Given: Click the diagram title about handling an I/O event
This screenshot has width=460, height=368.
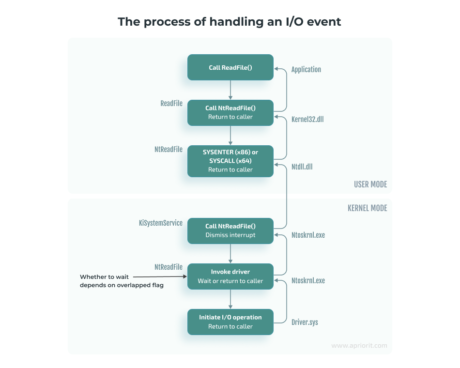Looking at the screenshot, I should pos(230,22).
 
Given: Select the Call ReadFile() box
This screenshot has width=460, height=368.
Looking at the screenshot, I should pos(230,67).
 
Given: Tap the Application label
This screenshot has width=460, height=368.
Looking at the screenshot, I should pos(306,69).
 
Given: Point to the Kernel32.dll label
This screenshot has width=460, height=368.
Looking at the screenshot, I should pos(307,119).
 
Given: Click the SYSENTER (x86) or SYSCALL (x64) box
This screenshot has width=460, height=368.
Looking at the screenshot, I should pos(230,161).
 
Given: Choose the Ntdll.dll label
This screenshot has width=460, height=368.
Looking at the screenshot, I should pos(302,166).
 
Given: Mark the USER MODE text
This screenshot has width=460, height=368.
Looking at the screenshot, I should pos(370,184).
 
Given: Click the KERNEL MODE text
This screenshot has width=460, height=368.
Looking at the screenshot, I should pos(367,208).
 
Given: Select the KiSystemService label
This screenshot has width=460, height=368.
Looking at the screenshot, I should pos(161,223).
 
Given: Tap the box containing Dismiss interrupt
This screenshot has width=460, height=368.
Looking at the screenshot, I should pos(230,230).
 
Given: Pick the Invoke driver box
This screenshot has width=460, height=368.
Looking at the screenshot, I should pos(230,276).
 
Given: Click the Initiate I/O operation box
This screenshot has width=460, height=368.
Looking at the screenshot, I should pos(230,322).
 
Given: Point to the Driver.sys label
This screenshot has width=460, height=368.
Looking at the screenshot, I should pos(305,322).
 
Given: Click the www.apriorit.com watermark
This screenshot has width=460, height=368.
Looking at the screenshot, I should pos(359,346).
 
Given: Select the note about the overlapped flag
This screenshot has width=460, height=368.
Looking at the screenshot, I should pos(122,281).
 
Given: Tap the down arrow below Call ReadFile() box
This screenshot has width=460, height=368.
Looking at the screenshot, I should pos(230,90).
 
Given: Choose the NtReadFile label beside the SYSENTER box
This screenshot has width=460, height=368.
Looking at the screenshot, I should pos(169,150).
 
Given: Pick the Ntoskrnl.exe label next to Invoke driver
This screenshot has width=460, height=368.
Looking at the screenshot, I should pos(308,281).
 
